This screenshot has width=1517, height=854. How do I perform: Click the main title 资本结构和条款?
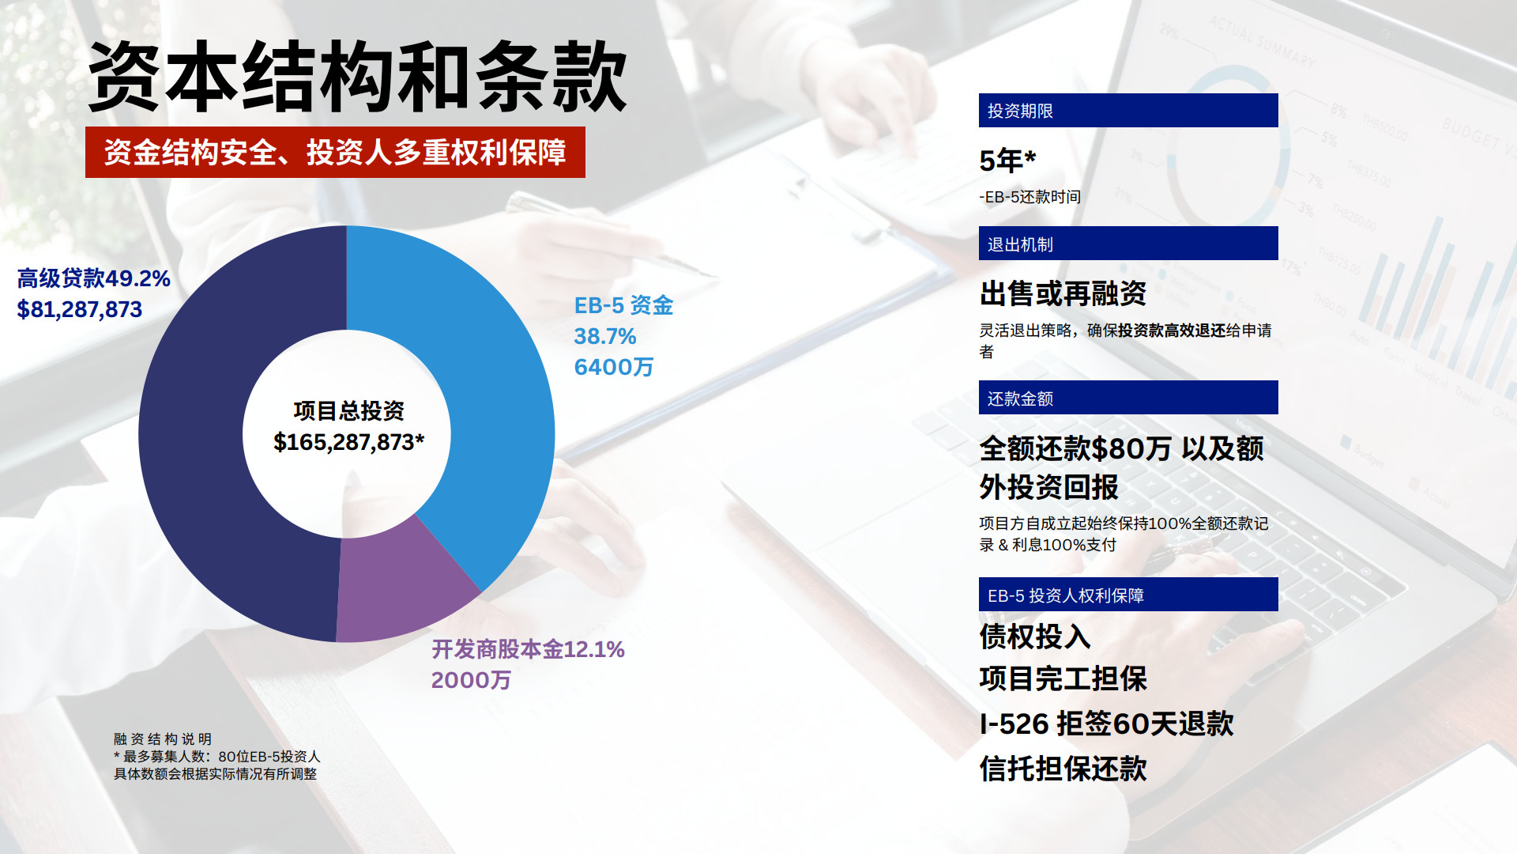357,77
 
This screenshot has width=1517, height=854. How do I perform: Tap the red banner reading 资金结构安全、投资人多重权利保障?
335,152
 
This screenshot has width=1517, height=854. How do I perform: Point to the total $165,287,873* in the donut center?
348,442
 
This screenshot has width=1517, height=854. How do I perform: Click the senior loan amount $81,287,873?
80,309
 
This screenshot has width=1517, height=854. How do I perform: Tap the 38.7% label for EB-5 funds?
605,336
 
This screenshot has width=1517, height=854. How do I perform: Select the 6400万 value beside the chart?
614,367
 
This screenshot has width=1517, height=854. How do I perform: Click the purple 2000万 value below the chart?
471,680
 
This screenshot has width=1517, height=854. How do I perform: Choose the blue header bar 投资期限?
1128,111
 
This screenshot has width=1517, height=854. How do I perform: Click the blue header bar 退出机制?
1128,244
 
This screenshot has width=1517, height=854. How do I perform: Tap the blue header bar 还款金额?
1128,398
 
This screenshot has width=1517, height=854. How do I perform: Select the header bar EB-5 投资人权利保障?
1128,595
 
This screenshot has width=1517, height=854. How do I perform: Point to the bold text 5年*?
1007,161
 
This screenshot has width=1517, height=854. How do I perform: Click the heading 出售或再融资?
1063,293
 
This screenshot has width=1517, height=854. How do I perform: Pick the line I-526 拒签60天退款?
1106,724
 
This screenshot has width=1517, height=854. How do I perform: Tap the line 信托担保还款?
1063,769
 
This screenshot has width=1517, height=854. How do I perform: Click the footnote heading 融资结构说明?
163,739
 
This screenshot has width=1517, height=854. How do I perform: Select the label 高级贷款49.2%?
94,278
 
